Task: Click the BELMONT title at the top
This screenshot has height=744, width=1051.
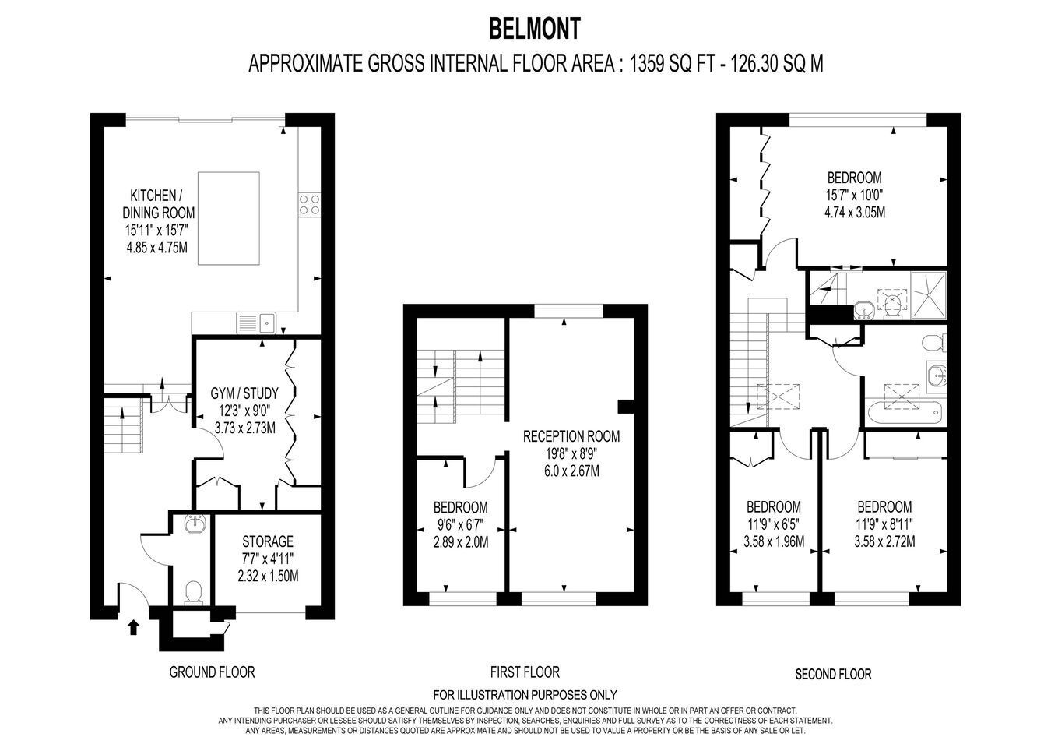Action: pyautogui.click(x=535, y=29)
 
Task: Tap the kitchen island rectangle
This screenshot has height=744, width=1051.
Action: pyautogui.click(x=229, y=218)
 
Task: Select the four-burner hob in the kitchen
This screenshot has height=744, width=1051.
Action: pyautogui.click(x=309, y=205)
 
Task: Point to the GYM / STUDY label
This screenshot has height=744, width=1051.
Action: pyautogui.click(x=244, y=393)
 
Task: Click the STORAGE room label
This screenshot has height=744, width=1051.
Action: pyautogui.click(x=268, y=541)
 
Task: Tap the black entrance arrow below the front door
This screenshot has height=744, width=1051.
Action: pyautogui.click(x=134, y=627)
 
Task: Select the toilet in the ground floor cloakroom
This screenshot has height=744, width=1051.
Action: pyautogui.click(x=193, y=592)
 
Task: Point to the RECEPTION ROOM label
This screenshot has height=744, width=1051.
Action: pyautogui.click(x=571, y=436)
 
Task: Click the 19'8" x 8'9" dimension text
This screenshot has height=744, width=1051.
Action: pyautogui.click(x=571, y=454)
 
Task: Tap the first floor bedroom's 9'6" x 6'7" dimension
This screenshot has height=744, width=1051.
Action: pyautogui.click(x=461, y=525)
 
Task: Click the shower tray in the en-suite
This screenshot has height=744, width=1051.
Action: pyautogui.click(x=929, y=296)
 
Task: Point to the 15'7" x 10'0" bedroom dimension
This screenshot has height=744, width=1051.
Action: pyautogui.click(x=854, y=195)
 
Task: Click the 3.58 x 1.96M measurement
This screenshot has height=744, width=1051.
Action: pyautogui.click(x=774, y=541)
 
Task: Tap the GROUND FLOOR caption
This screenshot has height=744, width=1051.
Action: pyautogui.click(x=212, y=672)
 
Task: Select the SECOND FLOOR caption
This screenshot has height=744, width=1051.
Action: pyautogui.click(x=833, y=675)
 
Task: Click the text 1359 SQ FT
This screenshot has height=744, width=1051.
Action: pyautogui.click(x=671, y=64)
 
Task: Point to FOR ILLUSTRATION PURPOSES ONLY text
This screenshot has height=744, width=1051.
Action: pyautogui.click(x=525, y=695)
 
